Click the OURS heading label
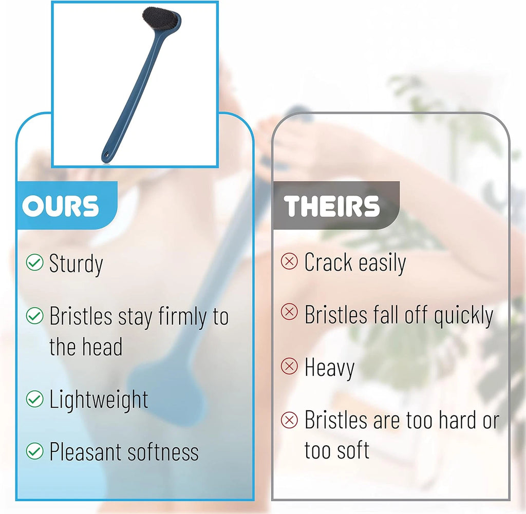[x=61, y=206]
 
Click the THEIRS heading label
[x=332, y=206]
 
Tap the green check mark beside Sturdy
[x=34, y=263]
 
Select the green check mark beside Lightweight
[x=34, y=399]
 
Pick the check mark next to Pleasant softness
[x=34, y=451]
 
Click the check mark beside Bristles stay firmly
[x=34, y=316]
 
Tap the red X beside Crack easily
[x=290, y=262]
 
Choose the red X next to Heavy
[x=290, y=367]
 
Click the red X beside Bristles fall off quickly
[x=290, y=313]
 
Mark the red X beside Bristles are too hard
[x=290, y=420]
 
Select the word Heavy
[x=329, y=368]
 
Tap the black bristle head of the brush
[x=161, y=19]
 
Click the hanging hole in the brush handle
[x=107, y=154]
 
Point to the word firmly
[x=182, y=317]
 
